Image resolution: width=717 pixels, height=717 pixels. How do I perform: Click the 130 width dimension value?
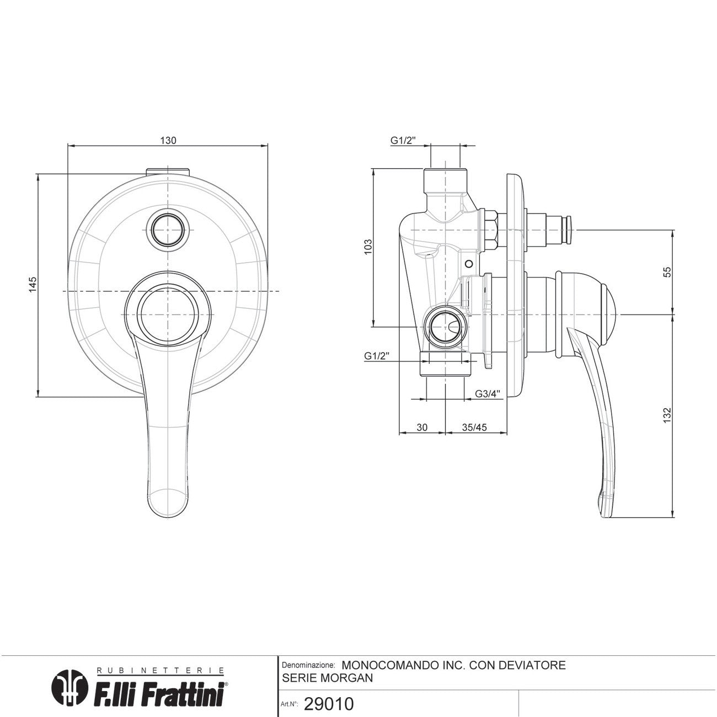(x=168, y=140)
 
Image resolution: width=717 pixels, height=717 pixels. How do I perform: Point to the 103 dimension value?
(x=368, y=247)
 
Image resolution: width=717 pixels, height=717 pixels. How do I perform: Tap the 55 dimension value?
(x=667, y=272)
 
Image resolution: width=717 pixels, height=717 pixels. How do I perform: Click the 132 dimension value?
(x=667, y=415)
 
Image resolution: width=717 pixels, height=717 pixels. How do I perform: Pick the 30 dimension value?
(x=422, y=427)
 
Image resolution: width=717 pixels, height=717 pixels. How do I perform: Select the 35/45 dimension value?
(x=474, y=427)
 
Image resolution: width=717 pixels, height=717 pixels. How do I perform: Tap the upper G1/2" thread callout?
(x=403, y=140)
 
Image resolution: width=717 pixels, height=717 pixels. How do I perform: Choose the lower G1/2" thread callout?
(x=377, y=356)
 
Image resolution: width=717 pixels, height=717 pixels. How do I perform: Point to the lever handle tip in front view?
(x=168, y=516)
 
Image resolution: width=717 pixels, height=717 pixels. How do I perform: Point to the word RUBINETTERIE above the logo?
(x=160, y=670)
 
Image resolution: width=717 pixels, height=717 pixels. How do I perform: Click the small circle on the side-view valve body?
(x=469, y=264)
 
